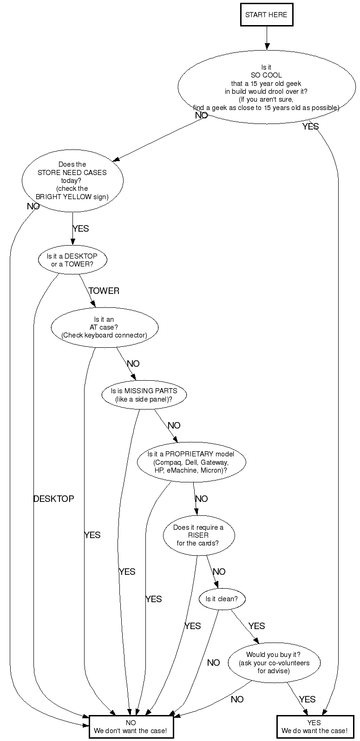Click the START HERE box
[267, 14]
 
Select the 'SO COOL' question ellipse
[267, 87]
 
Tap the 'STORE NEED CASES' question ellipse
[73, 181]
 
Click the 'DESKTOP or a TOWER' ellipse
[72, 260]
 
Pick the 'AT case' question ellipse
[105, 327]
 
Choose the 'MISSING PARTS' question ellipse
[144, 395]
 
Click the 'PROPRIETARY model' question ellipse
[191, 462]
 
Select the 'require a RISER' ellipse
[199, 535]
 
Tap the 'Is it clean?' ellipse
[222, 599]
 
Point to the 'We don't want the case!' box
[131, 727]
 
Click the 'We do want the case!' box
[315, 727]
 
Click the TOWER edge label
[104, 291]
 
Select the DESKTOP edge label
[53, 499]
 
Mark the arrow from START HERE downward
[267, 38]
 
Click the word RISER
[198, 535]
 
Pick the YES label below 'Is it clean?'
[257, 626]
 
